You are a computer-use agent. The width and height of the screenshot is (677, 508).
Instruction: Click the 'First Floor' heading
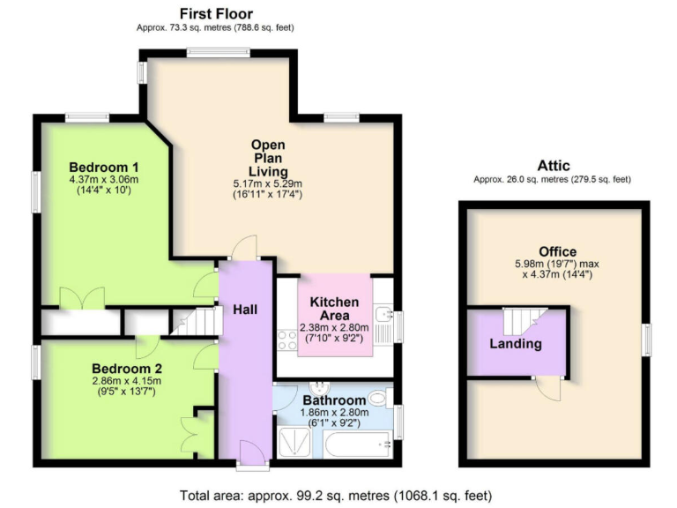(x=216, y=13)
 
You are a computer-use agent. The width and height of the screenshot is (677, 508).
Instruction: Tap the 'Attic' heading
(x=554, y=165)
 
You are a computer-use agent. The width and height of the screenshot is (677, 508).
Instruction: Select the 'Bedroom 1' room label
(x=104, y=167)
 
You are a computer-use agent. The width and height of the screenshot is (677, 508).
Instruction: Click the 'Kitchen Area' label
(x=334, y=309)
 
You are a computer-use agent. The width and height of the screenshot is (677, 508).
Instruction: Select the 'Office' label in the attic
(x=556, y=251)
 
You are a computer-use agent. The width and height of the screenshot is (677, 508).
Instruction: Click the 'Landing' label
(x=516, y=344)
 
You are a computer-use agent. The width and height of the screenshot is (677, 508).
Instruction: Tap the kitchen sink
(x=383, y=315)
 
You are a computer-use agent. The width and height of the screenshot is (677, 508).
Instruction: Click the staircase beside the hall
(x=193, y=323)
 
